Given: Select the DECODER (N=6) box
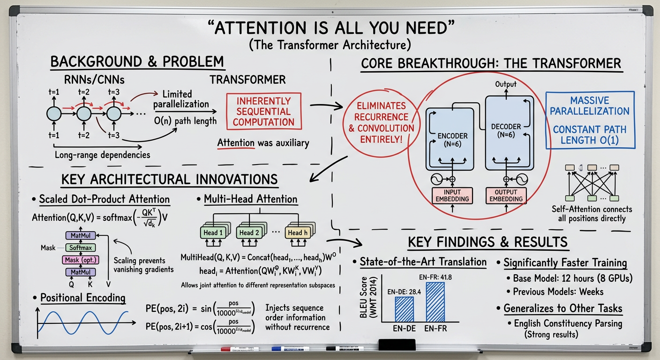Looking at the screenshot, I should pyautogui.click(x=509, y=131).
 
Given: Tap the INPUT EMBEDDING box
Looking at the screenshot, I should pyautogui.click(x=452, y=195).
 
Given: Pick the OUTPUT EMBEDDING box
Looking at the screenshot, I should pyautogui.click(x=506, y=195).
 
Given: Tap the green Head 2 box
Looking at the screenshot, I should pyautogui.click(x=249, y=232).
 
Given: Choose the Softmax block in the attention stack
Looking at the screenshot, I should pyautogui.click(x=80, y=247).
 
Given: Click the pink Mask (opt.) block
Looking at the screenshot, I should pyautogui.click(x=80, y=260).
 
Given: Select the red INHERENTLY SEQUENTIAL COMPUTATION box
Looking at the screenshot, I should pyautogui.click(x=263, y=112).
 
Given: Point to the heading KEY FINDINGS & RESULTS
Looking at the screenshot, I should pyautogui.click(x=488, y=242).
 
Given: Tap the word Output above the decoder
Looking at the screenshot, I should pyautogui.click(x=505, y=84).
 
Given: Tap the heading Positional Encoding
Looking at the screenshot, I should pyautogui.click(x=82, y=298).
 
